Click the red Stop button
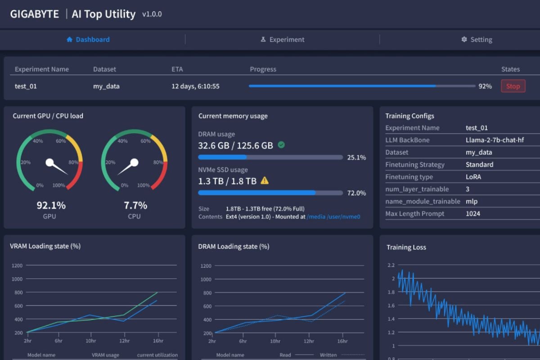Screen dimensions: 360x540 (513, 86)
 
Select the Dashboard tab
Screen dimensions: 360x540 (88, 40)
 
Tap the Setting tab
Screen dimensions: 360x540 (477, 40)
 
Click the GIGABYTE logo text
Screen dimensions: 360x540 (35, 14)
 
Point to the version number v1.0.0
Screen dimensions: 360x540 (152, 14)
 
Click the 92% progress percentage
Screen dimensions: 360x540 (485, 86)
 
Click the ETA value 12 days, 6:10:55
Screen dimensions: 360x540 (195, 86)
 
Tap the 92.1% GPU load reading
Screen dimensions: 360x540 (51, 206)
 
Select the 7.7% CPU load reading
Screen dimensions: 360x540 (135, 206)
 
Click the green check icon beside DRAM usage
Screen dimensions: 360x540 (281, 145)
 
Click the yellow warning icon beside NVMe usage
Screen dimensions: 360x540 (265, 180)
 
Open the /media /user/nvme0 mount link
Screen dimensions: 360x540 (333, 216)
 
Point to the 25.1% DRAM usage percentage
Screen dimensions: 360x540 (356, 157)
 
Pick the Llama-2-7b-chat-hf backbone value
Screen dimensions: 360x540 (495, 140)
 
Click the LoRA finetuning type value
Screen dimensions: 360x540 (473, 177)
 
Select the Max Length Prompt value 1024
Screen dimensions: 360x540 (473, 214)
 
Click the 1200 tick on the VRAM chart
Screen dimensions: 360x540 (17, 265)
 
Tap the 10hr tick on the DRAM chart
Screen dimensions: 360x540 (274, 341)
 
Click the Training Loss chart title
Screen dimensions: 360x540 (406, 247)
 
